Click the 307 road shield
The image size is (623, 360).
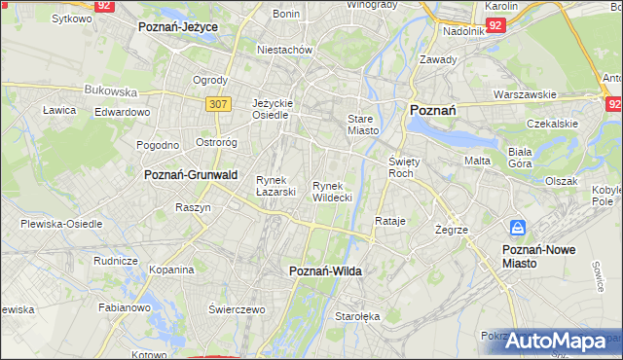pos(217,102)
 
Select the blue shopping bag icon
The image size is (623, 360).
pos(519,229)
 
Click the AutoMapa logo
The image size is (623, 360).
pos(556,342)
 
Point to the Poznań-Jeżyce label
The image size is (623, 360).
pos(178,28)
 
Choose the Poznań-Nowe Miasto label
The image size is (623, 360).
pos(538,256)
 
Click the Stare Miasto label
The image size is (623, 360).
pos(362,125)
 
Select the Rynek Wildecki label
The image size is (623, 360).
pos(332,192)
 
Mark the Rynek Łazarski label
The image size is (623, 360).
pos(275,186)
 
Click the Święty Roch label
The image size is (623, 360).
pos(403,166)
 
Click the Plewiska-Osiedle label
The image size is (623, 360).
pos(61,224)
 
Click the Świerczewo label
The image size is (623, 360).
pos(238,308)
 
